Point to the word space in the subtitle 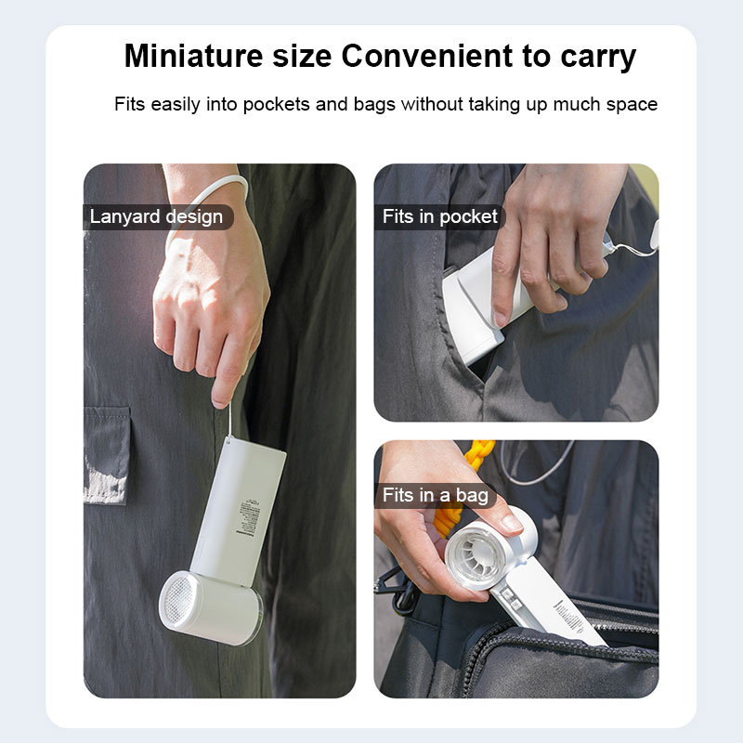pos(631,104)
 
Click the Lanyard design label pos(156,217)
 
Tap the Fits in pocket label pos(440,217)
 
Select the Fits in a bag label pos(436,495)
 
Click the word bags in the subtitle pos(376,104)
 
